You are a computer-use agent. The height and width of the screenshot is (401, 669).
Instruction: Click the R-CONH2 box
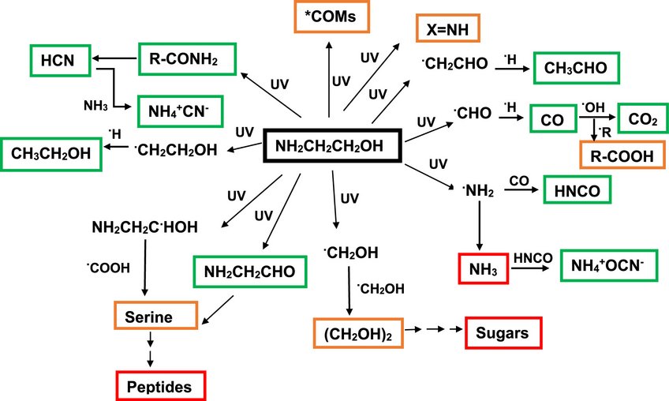click(178, 58)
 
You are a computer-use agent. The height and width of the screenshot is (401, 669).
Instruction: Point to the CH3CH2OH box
click(52, 153)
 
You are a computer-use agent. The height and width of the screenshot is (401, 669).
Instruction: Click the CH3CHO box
click(576, 68)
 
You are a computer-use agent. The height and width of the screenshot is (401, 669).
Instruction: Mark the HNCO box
click(578, 192)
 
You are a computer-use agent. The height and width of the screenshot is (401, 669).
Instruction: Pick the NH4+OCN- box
click(607, 267)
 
